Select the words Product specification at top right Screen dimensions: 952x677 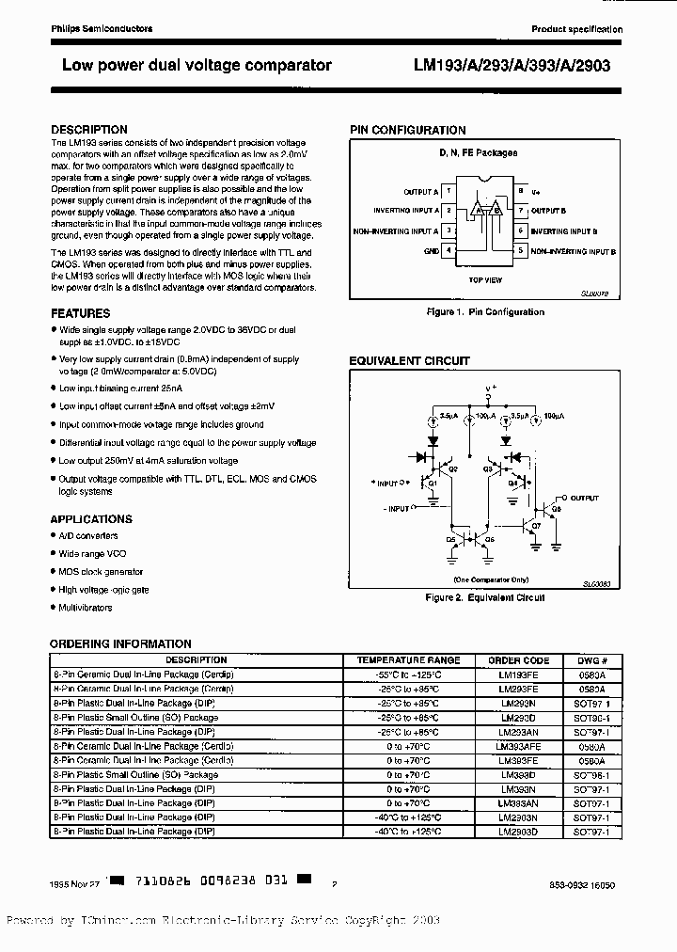click(576, 29)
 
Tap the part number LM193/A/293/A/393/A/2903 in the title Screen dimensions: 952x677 click(518, 66)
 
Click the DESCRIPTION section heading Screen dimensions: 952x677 click(89, 130)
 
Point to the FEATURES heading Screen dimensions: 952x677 click(80, 313)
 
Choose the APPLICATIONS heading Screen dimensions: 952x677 click(91, 519)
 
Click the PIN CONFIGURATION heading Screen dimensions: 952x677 click(407, 130)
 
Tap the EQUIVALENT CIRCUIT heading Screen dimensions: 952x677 click(409, 361)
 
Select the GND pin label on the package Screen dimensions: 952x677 click(431, 251)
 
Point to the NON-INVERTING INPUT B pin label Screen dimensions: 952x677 click(572, 252)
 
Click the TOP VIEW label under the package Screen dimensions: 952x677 click(485, 280)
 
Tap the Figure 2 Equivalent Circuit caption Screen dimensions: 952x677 click(484, 597)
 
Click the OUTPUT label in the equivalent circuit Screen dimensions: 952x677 click(584, 498)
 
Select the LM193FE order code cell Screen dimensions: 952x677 click(518, 675)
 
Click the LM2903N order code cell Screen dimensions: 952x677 click(518, 817)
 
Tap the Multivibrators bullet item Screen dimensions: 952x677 click(86, 608)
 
